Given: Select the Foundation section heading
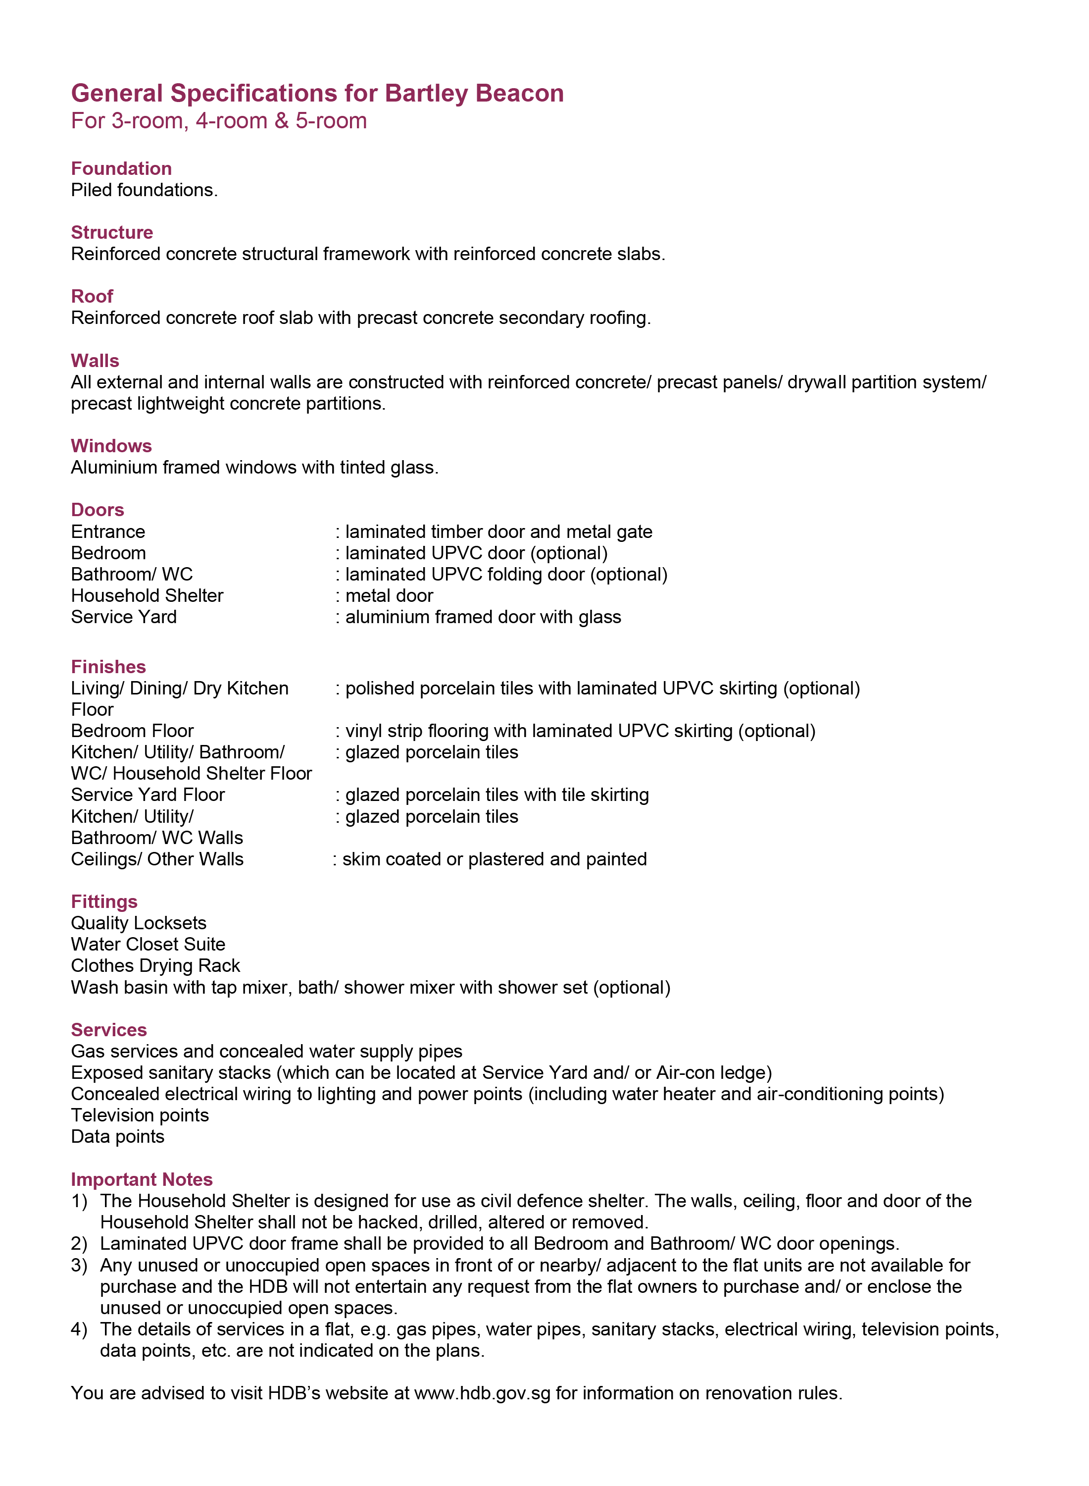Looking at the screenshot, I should pos(121,169).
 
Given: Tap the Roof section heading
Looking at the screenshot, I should pos(92,296).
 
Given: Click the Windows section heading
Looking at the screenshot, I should pos(111,446).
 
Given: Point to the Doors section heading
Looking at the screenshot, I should pos(98,510).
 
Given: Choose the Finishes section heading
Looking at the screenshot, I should pos(108,667).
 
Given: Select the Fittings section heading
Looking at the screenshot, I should pos(104,902).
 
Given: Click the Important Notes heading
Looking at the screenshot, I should pos(142,1179).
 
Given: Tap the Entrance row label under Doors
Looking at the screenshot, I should pos(108,531).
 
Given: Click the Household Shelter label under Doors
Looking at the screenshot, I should pos(147,595).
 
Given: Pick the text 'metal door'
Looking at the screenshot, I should pos(389,595).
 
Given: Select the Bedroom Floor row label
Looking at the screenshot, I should pos(132,731).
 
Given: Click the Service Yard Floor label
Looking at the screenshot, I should pos(148,795).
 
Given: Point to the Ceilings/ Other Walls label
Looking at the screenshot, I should pos(157,859).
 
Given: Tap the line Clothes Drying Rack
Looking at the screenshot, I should pos(155,965).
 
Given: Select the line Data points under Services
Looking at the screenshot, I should pos(117,1136).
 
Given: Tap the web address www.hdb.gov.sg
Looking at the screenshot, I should pos(482,1393).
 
